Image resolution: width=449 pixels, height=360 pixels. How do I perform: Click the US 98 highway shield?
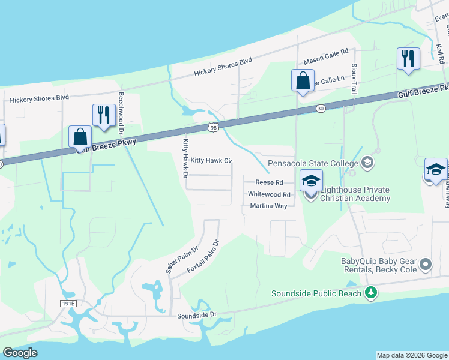click(x=214, y=127)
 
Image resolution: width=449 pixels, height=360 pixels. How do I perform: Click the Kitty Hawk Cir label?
click(x=211, y=161)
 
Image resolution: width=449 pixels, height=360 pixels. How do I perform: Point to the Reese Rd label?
click(x=269, y=182)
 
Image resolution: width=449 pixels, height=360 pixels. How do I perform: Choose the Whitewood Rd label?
click(x=269, y=194)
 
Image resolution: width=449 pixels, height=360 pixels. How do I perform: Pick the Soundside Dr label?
click(x=196, y=315)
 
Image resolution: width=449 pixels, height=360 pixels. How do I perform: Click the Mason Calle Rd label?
click(x=326, y=58)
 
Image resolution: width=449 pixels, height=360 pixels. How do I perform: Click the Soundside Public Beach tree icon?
click(x=372, y=293)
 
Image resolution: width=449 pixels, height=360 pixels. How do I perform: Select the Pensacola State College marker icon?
click(x=367, y=162)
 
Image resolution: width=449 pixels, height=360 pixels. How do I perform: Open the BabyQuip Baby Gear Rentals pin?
click(x=426, y=264)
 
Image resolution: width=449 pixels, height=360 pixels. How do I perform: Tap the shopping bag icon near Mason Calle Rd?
click(x=303, y=79)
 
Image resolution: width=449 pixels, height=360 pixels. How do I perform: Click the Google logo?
click(x=20, y=353)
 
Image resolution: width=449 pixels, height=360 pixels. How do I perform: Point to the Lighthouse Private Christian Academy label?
click(x=355, y=193)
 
